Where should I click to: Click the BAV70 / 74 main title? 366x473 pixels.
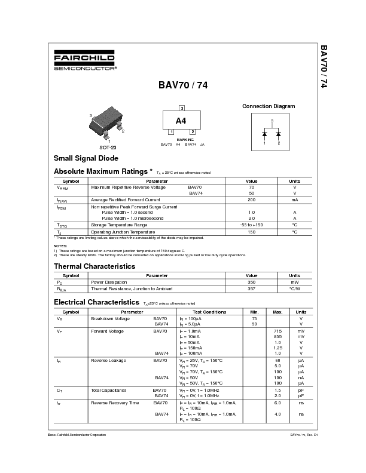183,85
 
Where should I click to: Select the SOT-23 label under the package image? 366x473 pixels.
108,146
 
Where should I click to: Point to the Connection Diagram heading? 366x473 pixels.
268,106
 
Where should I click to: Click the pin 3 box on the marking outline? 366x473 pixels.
181,108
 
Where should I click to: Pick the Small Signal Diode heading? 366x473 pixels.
86,158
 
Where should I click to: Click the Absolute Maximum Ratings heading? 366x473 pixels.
105,171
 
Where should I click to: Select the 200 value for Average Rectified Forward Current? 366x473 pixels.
251,199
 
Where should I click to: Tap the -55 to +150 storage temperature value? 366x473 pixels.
251,225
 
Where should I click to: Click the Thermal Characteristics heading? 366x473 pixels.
94,266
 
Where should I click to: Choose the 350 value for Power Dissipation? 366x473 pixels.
251,282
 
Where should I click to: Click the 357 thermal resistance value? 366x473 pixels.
251,288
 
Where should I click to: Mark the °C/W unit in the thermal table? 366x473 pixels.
295,288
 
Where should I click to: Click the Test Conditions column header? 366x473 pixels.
209,312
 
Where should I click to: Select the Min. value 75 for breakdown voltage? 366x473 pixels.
254,318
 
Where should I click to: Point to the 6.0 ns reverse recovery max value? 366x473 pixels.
277,403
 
